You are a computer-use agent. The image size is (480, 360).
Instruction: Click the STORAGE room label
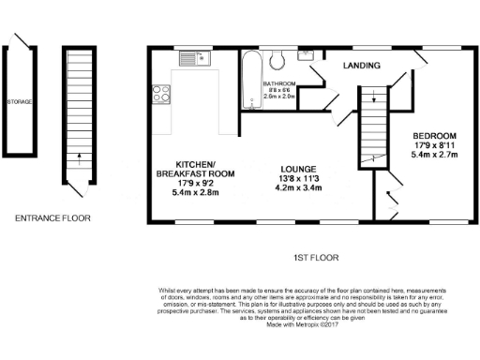coord(20,100)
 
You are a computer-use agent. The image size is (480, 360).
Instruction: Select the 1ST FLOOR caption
coord(314,257)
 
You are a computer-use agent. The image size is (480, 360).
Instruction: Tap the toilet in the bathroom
coord(277,62)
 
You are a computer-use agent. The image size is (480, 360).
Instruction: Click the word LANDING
coord(361,66)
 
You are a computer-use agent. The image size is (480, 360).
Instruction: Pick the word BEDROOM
coord(433,136)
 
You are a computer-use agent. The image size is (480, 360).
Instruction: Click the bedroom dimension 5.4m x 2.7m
coord(433,157)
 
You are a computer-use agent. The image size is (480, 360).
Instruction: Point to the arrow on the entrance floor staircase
coord(79,157)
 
